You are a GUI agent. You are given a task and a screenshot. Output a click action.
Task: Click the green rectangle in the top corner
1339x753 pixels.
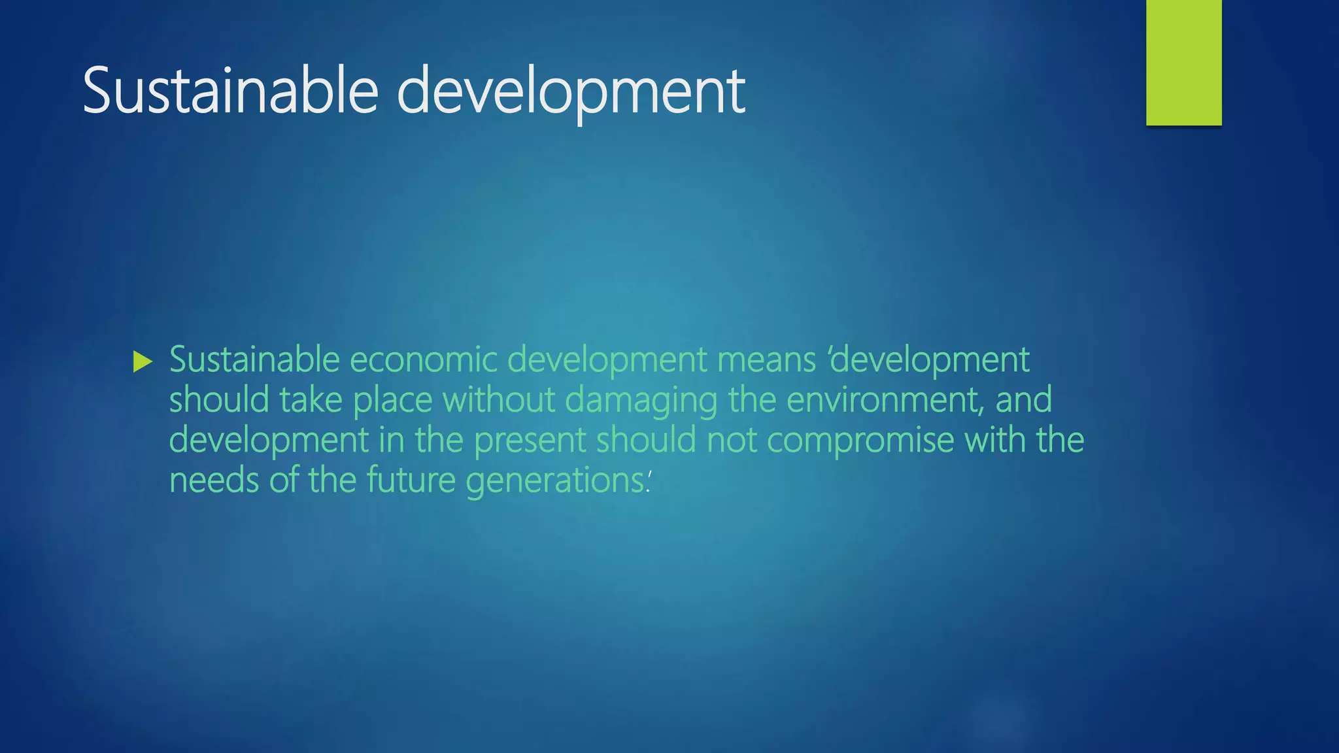coord(1183,63)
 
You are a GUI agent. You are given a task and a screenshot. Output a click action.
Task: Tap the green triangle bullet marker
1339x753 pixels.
coord(142,361)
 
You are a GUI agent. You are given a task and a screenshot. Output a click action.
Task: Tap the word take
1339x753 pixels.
coord(311,400)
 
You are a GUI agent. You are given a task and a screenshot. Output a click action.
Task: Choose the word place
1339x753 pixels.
coord(392,400)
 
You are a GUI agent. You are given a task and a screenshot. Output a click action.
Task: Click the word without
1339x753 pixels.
coord(498,400)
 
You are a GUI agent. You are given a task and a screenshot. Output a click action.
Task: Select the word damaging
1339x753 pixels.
coord(641,400)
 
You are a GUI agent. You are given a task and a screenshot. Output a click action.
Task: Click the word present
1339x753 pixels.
coord(530,441)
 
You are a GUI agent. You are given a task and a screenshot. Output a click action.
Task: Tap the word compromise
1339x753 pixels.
coord(860,441)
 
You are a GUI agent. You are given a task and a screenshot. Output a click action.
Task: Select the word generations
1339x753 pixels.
coord(554,480)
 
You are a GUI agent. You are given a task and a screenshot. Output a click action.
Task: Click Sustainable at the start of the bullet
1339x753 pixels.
coord(254,360)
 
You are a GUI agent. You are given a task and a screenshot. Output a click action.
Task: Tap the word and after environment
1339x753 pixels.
coord(1023,400)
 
